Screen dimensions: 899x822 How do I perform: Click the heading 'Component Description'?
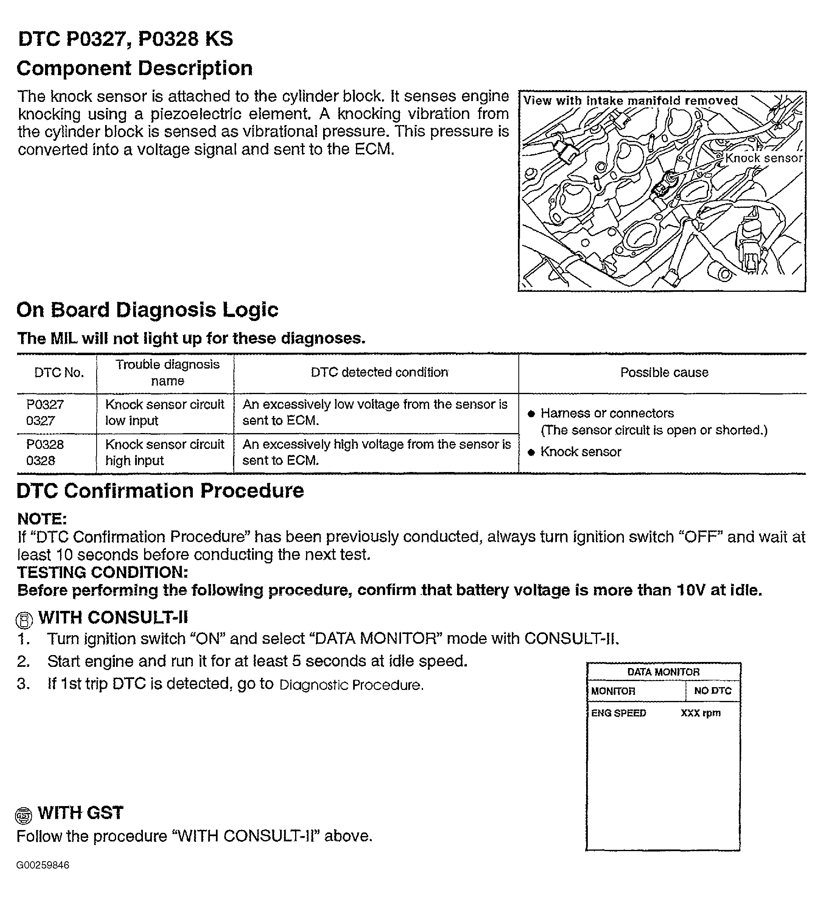pos(134,69)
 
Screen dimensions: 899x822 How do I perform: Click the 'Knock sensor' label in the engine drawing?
pos(763,158)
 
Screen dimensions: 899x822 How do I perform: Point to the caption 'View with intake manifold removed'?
pos(630,101)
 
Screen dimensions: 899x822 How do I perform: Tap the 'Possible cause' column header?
pos(664,373)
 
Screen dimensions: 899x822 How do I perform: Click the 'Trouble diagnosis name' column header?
pos(167,373)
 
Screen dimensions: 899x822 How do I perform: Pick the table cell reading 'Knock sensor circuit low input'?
pos(164,412)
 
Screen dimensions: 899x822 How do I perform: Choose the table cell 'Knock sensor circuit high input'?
pos(164,452)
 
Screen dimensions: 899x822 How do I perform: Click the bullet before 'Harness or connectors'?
pos(531,414)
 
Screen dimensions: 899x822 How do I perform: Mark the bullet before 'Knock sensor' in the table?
pos(531,453)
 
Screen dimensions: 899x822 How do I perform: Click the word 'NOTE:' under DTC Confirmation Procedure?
pos(42,519)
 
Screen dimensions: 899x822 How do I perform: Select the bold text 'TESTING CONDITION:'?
pos(103,572)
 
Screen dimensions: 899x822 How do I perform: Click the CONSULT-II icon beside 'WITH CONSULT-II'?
pos(24,620)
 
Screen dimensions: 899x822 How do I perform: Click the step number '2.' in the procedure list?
pos(23,661)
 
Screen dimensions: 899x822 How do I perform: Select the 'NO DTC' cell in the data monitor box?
pos(712,691)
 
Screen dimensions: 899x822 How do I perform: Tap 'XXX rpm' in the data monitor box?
pos(700,713)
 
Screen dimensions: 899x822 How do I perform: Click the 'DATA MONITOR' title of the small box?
pos(663,672)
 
